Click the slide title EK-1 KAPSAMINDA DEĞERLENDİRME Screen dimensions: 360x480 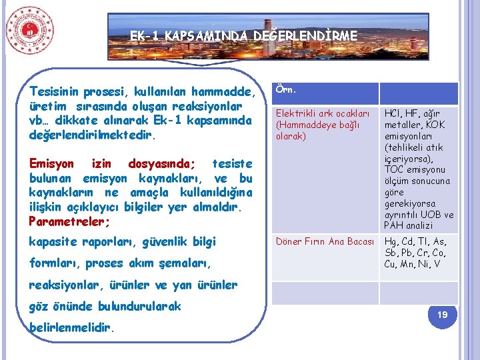pyautogui.click(x=243, y=35)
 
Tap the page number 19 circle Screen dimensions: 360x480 pyautogui.click(x=442, y=314)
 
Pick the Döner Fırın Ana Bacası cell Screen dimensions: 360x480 pyautogui.click(x=325, y=241)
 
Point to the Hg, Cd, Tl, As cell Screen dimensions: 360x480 pyautogui.click(x=417, y=253)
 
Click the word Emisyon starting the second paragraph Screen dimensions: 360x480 pyautogui.click(x=52, y=164)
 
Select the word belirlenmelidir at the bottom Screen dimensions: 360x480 pyautogui.click(x=73, y=328)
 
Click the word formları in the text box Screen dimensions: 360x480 pyautogui.click(x=53, y=263)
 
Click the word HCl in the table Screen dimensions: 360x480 pyautogui.click(x=393, y=114)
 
